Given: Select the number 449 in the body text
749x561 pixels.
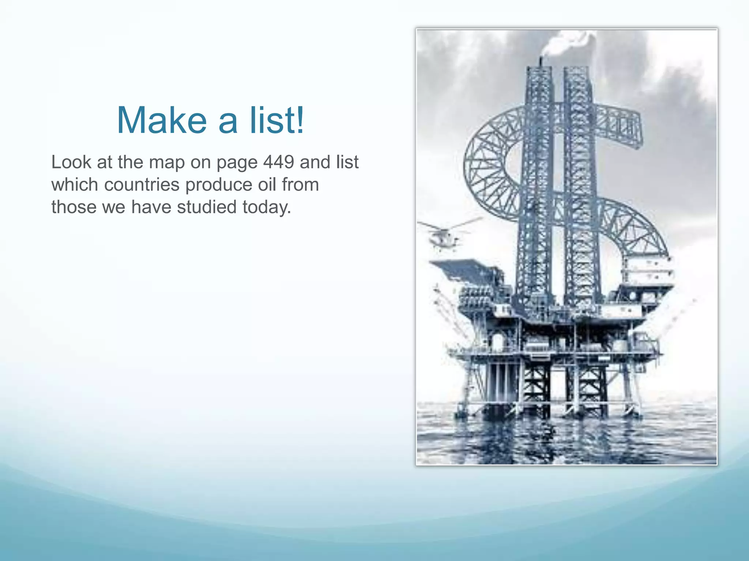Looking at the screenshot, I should pos(278,162).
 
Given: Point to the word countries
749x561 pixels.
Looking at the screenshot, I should pos(142,185).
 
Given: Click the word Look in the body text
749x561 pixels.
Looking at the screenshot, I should pos(71,162).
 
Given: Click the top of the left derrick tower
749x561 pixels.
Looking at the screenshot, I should pos(539,69).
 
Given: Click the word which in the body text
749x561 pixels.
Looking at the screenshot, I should pos(75,185).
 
